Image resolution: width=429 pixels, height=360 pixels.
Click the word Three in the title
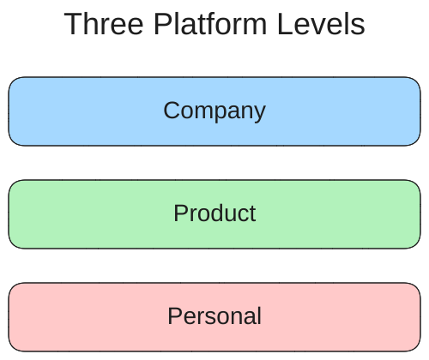point(104,24)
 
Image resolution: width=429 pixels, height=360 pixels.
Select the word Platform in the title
point(210,24)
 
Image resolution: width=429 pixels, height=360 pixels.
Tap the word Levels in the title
point(321,24)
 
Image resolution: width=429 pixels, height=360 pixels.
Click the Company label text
point(214,111)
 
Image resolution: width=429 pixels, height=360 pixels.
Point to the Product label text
point(214,213)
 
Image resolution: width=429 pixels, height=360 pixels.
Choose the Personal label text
point(214,316)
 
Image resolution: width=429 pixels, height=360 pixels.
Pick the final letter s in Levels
point(359,27)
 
